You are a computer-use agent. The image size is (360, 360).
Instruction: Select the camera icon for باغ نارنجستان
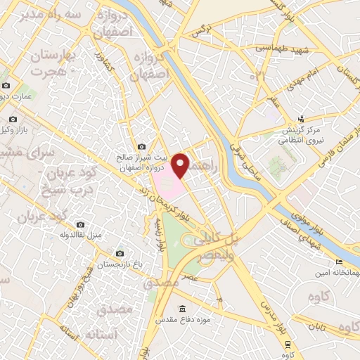pyautogui.click(x=120, y=253)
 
